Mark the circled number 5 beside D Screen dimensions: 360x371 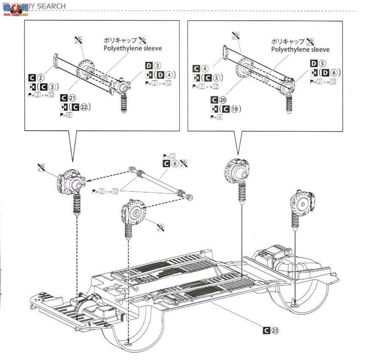tap(323, 64)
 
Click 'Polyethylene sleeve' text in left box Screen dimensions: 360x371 tap(132, 48)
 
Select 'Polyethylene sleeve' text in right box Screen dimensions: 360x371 tap(300, 49)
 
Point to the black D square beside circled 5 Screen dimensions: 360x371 tap(313, 64)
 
